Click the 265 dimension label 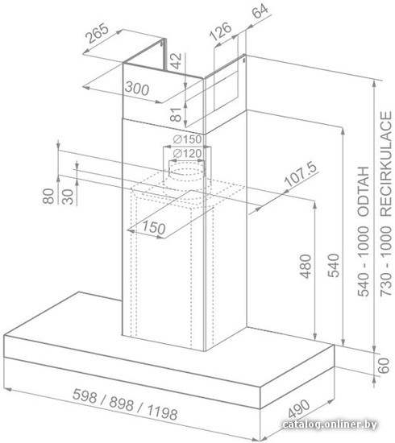click(x=98, y=33)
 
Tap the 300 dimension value click(x=136, y=89)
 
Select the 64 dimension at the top click(x=260, y=10)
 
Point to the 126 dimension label click(x=221, y=31)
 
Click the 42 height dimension click(x=177, y=61)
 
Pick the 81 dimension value click(x=176, y=114)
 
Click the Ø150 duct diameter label click(x=187, y=139)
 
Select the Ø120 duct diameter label click(x=187, y=154)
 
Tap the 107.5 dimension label click(x=300, y=175)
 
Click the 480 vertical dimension click(x=306, y=267)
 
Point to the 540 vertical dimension click(x=334, y=266)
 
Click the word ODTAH click(x=364, y=192)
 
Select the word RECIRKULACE click(x=386, y=164)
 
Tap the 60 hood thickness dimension click(x=384, y=366)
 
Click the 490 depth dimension click(x=299, y=409)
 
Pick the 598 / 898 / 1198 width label click(x=125, y=404)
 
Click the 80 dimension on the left click(x=48, y=196)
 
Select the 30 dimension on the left click(x=68, y=197)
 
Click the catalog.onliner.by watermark click(x=330, y=424)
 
